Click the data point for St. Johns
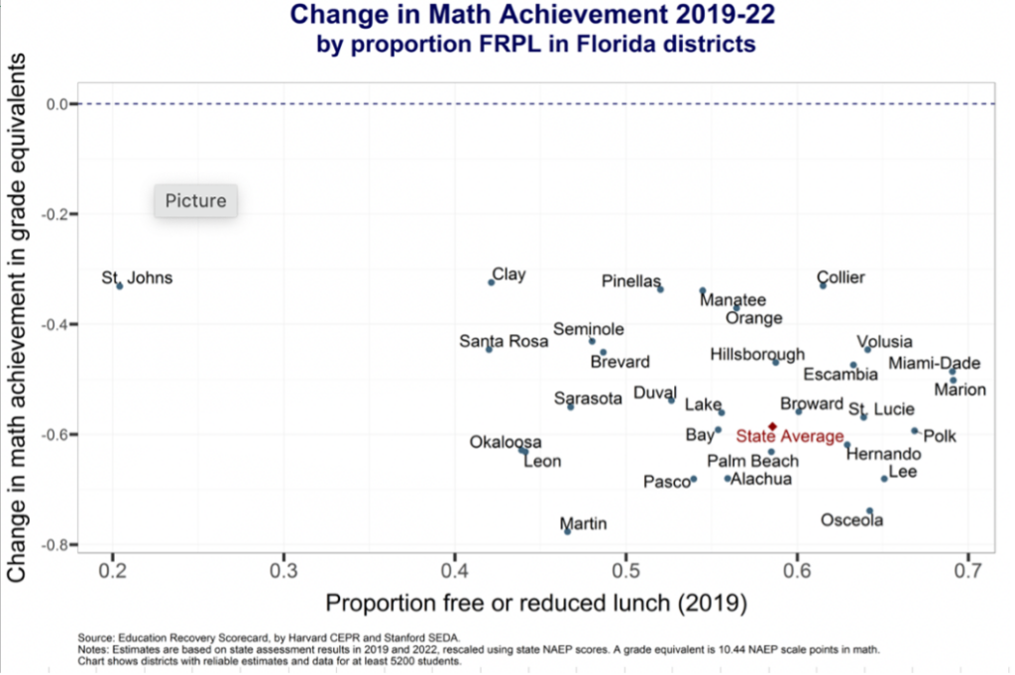[x=119, y=285]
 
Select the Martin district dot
[x=567, y=531]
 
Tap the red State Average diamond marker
[x=772, y=426]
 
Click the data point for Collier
[x=823, y=285]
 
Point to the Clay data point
[x=491, y=282]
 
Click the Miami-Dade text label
[x=934, y=363]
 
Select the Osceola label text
[x=852, y=519]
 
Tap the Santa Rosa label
[x=504, y=341]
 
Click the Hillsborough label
[x=757, y=354]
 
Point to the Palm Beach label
[x=752, y=461]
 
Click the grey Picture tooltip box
[x=195, y=200]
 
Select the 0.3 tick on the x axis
[x=284, y=573]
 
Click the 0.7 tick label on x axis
[x=967, y=573]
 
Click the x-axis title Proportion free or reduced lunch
[x=536, y=604]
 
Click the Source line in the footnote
[x=268, y=638]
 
